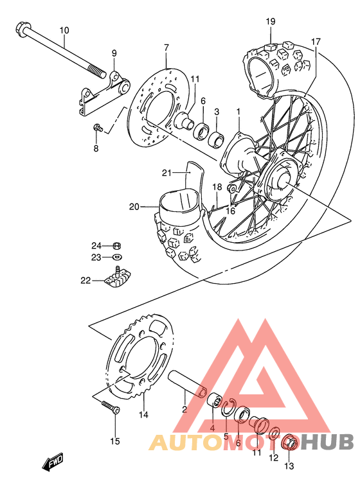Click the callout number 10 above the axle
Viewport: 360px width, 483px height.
[x=64, y=30]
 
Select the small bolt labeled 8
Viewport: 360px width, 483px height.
[x=98, y=128]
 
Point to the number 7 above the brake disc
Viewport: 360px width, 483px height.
[x=166, y=48]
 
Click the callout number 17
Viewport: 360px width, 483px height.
[x=316, y=42]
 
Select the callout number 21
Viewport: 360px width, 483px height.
[x=166, y=173]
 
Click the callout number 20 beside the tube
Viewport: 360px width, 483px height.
[x=134, y=206]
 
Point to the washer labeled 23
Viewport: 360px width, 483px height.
[x=117, y=258]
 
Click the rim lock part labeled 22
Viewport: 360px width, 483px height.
[x=120, y=280]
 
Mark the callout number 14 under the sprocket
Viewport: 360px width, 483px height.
[x=143, y=415]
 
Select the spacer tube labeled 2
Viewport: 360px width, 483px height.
[x=186, y=383]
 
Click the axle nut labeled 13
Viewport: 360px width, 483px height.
[x=289, y=443]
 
